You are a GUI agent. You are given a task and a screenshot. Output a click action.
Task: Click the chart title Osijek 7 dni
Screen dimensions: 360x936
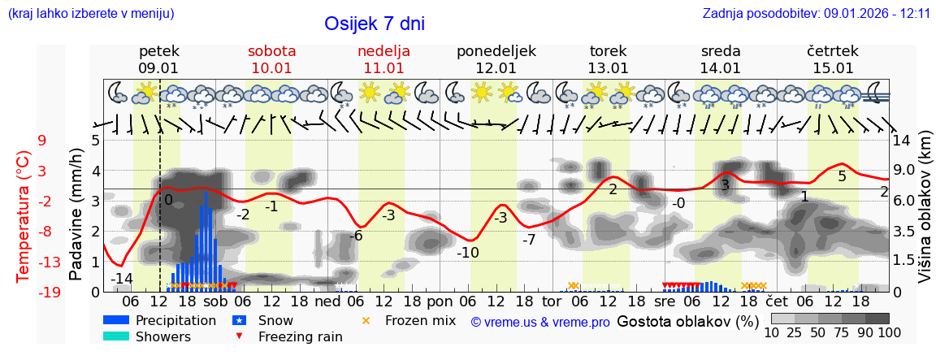pyautogui.click(x=374, y=24)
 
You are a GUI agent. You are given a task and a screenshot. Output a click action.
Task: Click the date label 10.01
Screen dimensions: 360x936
pyautogui.click(x=271, y=68)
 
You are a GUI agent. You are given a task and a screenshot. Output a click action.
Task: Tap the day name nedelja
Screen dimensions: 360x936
pyautogui.click(x=383, y=51)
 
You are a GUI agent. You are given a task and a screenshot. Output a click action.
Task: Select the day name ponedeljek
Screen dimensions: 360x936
pyautogui.click(x=496, y=51)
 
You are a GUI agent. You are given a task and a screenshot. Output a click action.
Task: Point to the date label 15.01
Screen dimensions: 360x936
pyautogui.click(x=833, y=68)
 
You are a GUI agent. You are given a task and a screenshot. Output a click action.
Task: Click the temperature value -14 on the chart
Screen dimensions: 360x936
pyautogui.click(x=121, y=279)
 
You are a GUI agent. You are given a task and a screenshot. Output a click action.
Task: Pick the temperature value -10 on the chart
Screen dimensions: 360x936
pyautogui.click(x=467, y=252)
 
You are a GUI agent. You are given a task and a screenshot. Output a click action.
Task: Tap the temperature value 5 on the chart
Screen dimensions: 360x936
pyautogui.click(x=842, y=176)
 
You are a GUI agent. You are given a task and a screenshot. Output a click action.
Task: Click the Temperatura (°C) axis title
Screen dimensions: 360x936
pyautogui.click(x=23, y=216)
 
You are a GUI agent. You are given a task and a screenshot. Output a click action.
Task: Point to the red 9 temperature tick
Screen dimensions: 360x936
pyautogui.click(x=42, y=141)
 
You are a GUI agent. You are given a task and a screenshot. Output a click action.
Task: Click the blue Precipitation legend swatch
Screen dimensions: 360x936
pyautogui.click(x=116, y=320)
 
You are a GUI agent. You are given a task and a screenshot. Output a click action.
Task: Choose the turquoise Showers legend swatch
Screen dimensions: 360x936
pyautogui.click(x=116, y=336)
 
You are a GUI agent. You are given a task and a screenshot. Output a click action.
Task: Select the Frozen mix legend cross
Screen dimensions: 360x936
pyautogui.click(x=365, y=320)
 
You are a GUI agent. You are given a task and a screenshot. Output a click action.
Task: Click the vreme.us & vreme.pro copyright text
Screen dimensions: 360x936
pyautogui.click(x=540, y=322)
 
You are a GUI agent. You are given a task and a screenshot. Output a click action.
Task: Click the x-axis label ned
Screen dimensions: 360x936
pyautogui.click(x=327, y=301)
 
